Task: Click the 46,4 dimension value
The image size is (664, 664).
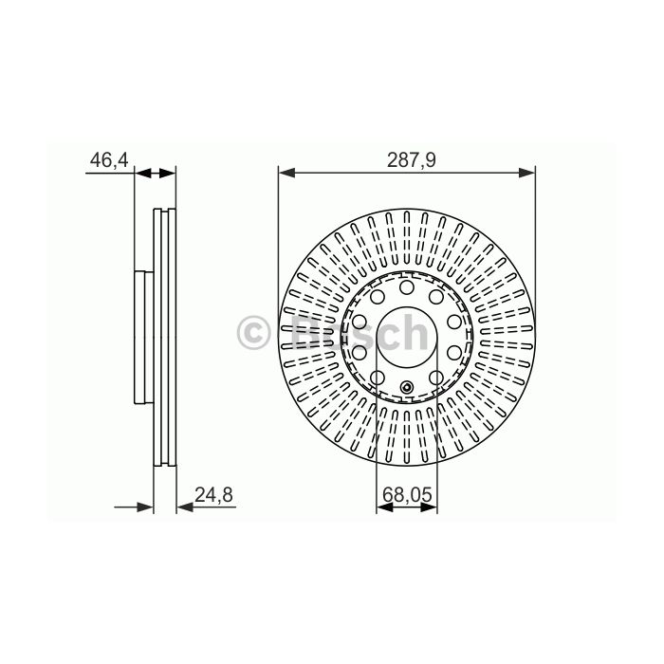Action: pyautogui.click(x=109, y=160)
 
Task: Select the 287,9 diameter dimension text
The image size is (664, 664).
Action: pyautogui.click(x=411, y=160)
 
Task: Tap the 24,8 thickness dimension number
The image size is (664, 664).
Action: pyautogui.click(x=213, y=494)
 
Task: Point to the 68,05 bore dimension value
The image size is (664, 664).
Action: pyautogui.click(x=407, y=494)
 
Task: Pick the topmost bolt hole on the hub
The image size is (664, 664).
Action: pyautogui.click(x=407, y=287)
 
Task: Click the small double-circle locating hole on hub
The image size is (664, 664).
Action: pyautogui.click(x=407, y=387)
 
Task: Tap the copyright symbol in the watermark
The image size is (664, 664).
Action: pyautogui.click(x=253, y=332)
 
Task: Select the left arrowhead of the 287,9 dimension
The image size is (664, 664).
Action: pyautogui.click(x=286, y=173)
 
